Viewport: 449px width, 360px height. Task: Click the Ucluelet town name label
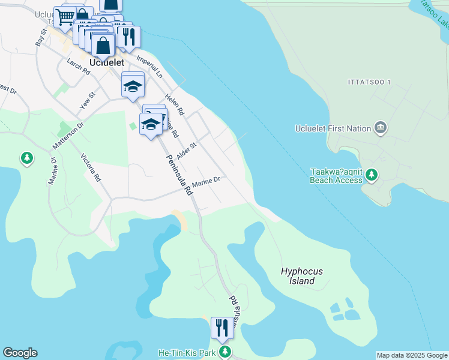(106, 62)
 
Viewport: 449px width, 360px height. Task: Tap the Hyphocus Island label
(301, 276)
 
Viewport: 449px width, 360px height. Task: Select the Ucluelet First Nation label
(333, 128)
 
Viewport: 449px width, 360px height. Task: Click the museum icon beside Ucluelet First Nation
(379, 128)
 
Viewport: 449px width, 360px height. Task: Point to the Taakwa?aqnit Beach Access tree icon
(372, 175)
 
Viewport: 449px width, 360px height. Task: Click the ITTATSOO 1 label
(369, 82)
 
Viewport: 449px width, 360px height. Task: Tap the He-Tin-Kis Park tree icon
(224, 352)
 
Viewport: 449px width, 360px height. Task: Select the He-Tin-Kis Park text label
(187, 353)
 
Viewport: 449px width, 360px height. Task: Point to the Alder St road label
(187, 149)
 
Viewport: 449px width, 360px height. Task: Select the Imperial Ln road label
(149, 67)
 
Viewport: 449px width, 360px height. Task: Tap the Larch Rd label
(78, 67)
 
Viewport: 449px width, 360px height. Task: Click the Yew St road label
(88, 100)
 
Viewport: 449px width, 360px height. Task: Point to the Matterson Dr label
(67, 135)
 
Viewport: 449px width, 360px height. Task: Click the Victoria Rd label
(91, 167)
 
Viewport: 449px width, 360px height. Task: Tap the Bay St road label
(41, 38)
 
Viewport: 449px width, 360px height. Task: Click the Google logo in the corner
(20, 353)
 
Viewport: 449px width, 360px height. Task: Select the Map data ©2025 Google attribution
(412, 355)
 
